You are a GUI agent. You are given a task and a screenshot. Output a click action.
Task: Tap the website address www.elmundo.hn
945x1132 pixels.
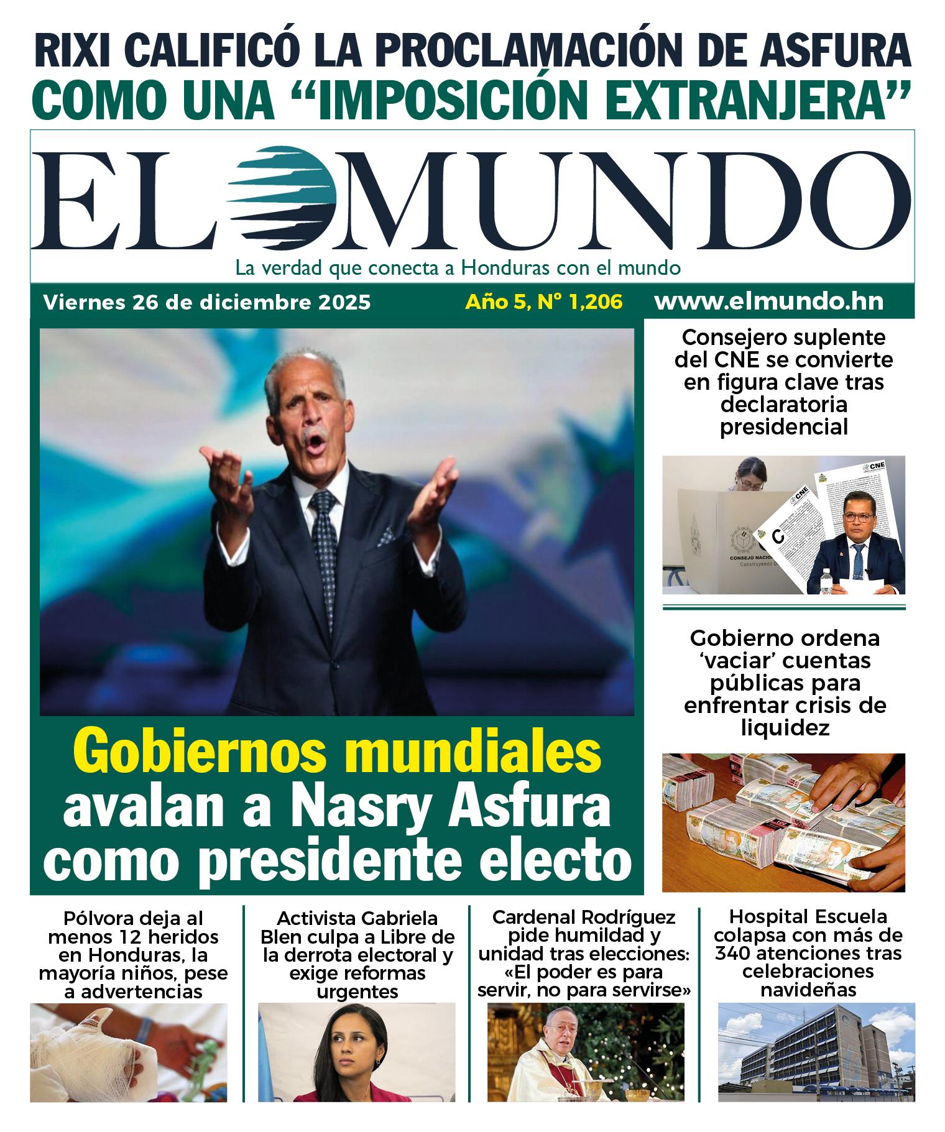click(768, 302)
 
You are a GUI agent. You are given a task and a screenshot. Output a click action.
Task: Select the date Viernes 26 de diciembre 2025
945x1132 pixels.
click(207, 303)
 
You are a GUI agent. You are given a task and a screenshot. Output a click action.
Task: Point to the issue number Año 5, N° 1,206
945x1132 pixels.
click(544, 303)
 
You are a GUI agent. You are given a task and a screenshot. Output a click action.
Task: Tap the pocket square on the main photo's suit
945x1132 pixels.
click(386, 534)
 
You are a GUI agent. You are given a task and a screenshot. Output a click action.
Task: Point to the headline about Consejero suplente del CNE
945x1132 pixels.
click(783, 382)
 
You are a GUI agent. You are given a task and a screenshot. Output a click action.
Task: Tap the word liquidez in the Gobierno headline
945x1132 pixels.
click(785, 728)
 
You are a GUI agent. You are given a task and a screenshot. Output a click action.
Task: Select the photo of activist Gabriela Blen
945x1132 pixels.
click(356, 1052)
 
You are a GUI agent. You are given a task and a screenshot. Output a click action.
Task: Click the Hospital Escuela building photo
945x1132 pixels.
click(816, 1052)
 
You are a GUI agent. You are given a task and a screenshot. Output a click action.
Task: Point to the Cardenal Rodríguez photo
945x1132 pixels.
click(585, 1052)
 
